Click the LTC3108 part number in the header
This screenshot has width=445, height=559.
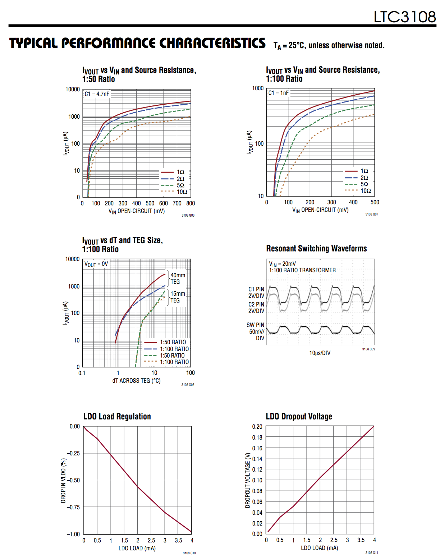point(405,17)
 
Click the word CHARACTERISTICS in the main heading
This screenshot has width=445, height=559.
point(212,43)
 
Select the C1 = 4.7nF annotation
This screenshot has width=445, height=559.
point(97,94)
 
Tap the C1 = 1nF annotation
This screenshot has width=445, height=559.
point(279,93)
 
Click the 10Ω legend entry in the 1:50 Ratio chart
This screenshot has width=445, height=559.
point(182,192)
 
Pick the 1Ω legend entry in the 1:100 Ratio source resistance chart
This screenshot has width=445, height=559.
point(364,171)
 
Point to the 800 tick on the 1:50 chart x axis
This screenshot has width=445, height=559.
point(191,203)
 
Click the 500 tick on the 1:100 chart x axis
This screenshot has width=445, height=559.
point(375,202)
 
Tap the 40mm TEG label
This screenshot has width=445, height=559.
point(178,278)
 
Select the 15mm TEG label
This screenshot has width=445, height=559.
point(178,297)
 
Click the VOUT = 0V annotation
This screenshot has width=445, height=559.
point(96,264)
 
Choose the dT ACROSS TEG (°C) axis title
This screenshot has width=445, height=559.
point(136,381)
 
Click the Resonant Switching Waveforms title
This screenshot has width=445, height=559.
point(316,249)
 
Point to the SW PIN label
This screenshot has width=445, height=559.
point(255,325)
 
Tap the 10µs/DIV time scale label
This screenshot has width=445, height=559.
point(320,353)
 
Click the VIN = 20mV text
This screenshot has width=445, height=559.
point(282,264)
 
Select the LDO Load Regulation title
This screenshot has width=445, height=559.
point(117,417)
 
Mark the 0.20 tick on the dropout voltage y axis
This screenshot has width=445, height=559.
point(257,427)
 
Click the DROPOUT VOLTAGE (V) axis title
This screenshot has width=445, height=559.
point(248,480)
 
